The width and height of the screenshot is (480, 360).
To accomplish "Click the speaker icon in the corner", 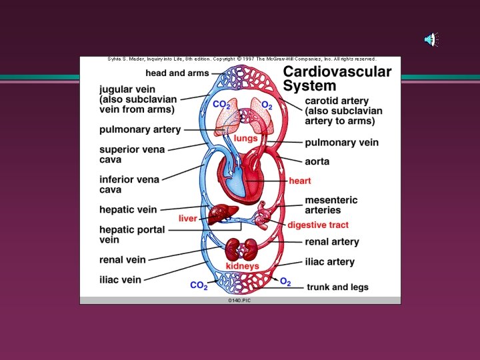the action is [431, 40].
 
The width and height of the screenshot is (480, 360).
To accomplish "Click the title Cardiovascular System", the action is [337, 79].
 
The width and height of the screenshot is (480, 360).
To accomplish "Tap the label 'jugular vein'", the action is [129, 89].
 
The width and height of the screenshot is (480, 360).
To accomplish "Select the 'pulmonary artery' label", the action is [140, 129].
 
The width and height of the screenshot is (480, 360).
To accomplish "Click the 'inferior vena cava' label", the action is [129, 185].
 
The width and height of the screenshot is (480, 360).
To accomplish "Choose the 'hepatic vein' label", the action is [128, 209].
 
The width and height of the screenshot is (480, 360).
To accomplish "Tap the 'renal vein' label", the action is [123, 259].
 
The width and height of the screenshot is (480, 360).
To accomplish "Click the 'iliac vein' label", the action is [120, 280].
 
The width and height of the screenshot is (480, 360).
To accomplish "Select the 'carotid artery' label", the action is [337, 101].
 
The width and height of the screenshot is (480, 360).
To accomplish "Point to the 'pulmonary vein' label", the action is [341, 142].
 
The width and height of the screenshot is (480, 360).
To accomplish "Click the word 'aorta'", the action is [317, 161].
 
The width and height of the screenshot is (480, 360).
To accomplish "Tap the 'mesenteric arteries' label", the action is [331, 205].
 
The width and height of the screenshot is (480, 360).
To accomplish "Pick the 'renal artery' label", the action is [331, 242].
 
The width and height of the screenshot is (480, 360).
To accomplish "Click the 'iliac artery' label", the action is [329, 262].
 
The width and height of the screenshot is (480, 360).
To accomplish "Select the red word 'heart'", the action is [299, 181].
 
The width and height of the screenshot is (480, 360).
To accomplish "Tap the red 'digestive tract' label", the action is [318, 225].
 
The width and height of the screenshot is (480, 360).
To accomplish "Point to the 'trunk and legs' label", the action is [337, 287].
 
